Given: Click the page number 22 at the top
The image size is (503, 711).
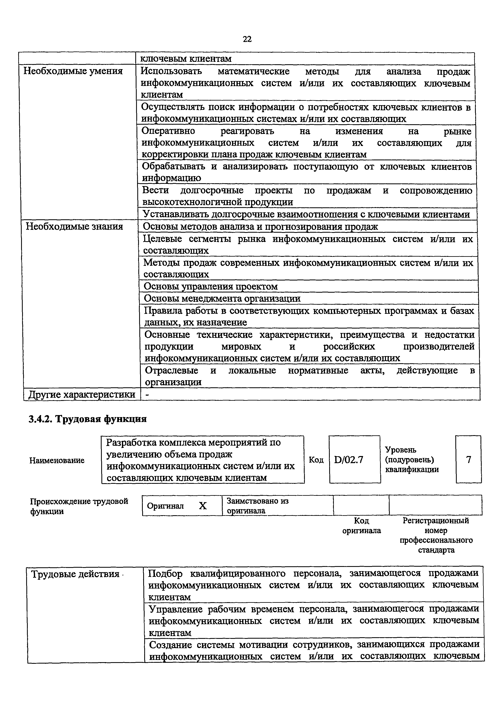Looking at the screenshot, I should tap(247, 39).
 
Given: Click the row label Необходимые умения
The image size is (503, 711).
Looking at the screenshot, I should tap(73, 71).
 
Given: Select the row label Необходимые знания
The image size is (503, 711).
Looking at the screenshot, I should tap(74, 227).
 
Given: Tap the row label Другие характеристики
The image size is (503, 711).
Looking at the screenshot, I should tap(82, 395).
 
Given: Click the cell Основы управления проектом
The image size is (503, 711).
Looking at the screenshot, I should tap(211, 286).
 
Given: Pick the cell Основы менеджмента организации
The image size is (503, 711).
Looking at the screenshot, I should tap(222, 299).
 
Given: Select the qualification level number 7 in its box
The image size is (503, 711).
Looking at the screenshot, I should tap(468, 459).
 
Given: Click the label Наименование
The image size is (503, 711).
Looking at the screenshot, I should tap(57, 460).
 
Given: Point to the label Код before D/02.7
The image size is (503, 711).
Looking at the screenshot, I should tap(316, 460).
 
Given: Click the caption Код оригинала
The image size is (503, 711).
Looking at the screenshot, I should tap(361, 526).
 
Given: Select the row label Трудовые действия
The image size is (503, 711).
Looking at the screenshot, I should tap(75, 574).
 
